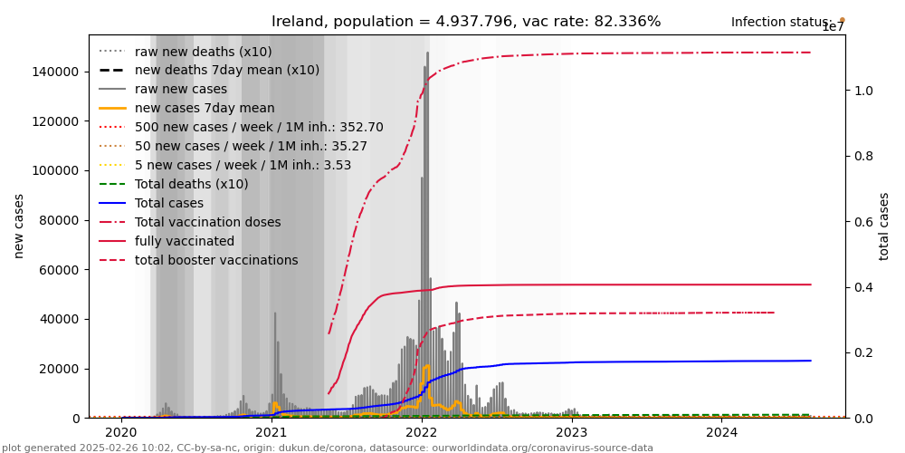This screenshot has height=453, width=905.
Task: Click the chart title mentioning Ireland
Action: [466, 22]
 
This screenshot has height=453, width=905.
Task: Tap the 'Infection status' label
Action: [781, 22]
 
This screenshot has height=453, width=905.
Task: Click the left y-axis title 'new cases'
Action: [19, 226]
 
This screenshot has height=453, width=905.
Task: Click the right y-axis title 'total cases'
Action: [884, 226]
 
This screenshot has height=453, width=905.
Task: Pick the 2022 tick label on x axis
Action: [421, 432]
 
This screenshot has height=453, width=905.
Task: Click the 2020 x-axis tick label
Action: [121, 432]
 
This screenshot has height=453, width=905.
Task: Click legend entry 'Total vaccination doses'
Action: [207, 222]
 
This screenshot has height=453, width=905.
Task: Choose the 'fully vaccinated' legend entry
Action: [185, 241]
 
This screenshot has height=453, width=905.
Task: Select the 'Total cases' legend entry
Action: [173, 203]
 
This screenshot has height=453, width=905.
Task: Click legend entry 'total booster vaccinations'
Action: [216, 260]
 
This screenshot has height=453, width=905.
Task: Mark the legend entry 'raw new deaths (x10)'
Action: [203, 52]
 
